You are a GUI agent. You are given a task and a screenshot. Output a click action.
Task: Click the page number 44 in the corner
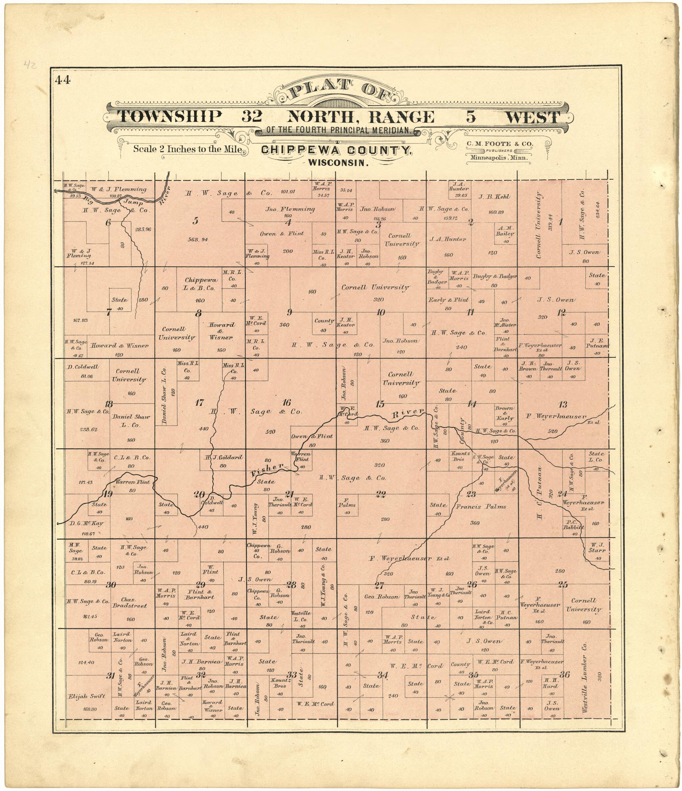click(x=63, y=80)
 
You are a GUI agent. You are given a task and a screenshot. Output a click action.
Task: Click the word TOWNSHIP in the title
click(x=170, y=116)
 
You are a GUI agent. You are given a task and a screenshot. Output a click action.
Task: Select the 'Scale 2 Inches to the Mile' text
click(x=187, y=149)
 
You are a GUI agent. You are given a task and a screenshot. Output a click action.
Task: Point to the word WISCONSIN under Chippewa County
click(x=338, y=163)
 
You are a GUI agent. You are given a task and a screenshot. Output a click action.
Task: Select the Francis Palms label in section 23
click(x=481, y=507)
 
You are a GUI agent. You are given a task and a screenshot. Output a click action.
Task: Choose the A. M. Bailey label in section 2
click(x=505, y=231)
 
